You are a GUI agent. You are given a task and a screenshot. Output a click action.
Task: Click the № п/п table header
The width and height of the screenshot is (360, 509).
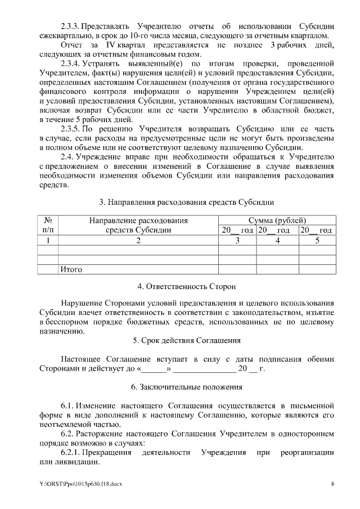click(48, 225)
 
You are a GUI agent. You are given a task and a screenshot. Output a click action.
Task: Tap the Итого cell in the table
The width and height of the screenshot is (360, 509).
click(71, 269)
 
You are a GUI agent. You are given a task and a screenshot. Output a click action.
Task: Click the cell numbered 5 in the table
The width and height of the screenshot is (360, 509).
click(317, 240)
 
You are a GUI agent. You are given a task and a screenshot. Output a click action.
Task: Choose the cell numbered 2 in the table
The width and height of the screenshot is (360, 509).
click(138, 240)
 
